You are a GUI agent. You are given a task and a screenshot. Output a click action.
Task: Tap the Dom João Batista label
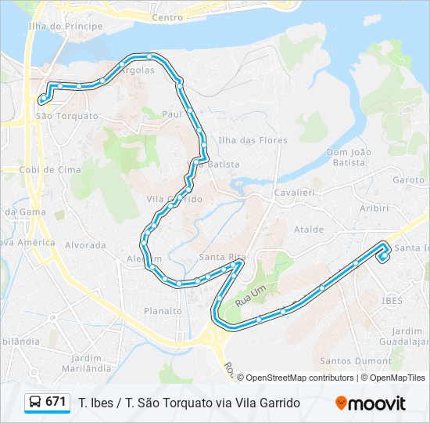(x=346, y=157)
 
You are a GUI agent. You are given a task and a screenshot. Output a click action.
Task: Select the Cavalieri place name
(x=294, y=192)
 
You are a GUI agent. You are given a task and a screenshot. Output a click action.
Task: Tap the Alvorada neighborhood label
(x=85, y=245)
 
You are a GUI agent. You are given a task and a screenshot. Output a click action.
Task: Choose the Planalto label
(x=163, y=311)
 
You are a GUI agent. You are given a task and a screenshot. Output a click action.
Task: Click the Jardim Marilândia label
(x=86, y=362)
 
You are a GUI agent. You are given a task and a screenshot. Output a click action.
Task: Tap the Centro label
(x=167, y=17)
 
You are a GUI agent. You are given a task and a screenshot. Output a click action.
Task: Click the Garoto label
(x=409, y=179)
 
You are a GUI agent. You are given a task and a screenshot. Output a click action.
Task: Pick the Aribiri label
(x=374, y=208)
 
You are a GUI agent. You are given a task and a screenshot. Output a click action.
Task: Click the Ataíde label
(x=308, y=230)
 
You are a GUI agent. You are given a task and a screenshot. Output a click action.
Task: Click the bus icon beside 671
(x=35, y=403)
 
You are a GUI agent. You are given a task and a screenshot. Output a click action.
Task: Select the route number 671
(x=56, y=402)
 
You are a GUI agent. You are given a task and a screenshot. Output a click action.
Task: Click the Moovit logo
(x=371, y=403)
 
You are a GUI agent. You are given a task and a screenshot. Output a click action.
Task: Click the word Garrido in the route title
(x=279, y=403)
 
